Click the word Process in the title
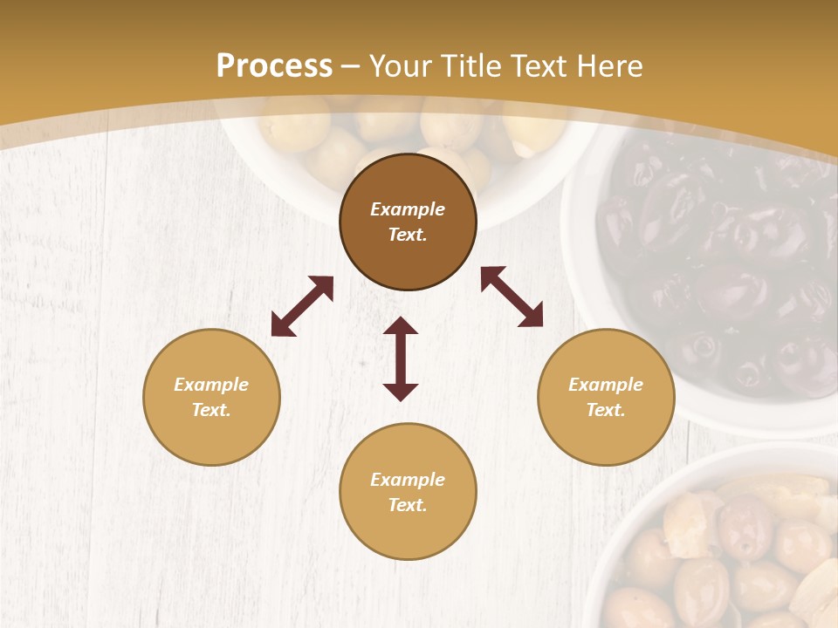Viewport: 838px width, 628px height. tap(274, 66)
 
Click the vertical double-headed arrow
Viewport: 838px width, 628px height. tap(401, 359)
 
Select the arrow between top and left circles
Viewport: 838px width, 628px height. tap(302, 306)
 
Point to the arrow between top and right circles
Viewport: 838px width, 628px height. tap(512, 297)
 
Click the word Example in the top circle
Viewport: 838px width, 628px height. tap(408, 209)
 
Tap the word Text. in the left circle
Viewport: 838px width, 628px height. tap(211, 410)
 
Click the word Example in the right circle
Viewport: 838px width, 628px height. tap(606, 385)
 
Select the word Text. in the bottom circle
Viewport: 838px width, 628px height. tap(408, 505)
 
